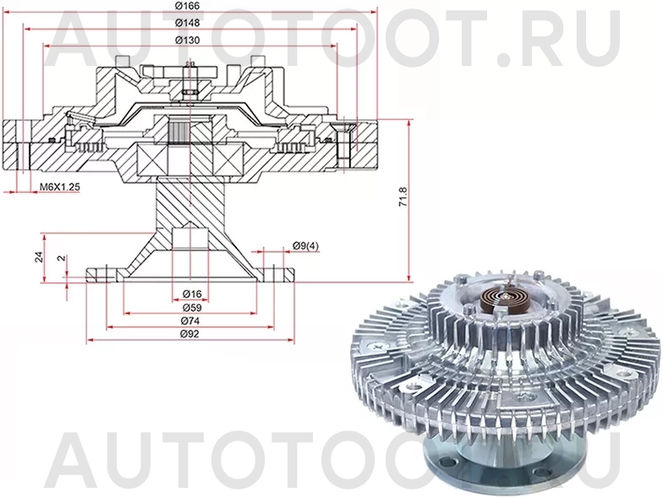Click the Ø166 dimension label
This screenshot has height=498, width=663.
point(187,7)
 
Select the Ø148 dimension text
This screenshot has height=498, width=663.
point(187,23)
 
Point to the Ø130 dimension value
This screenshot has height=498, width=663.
point(187,40)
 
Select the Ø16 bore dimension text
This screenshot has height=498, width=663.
point(191,293)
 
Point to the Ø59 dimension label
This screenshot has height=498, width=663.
point(191,308)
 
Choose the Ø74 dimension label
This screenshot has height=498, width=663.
point(191,322)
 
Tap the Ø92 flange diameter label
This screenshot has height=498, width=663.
point(191,337)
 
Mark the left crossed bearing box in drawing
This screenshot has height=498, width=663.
point(153,158)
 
